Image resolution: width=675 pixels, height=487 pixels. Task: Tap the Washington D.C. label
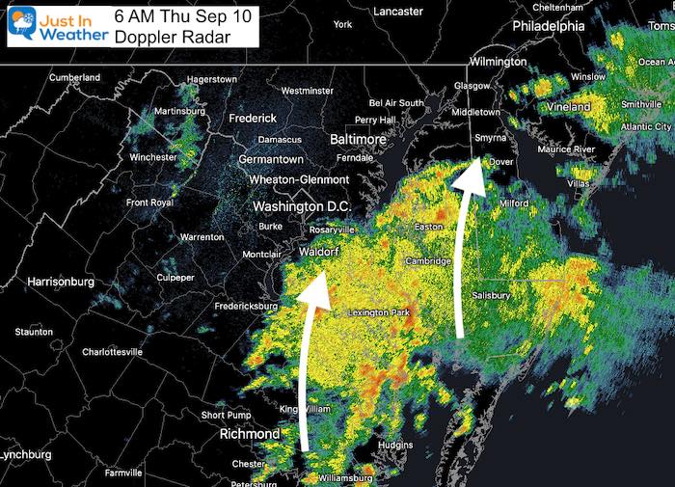click(303, 207)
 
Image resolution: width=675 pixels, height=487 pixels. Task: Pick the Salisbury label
click(491, 295)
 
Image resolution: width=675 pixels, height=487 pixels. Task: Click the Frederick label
click(253, 119)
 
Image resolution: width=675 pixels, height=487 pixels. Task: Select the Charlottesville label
click(104, 352)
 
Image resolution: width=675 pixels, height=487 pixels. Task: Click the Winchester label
click(152, 157)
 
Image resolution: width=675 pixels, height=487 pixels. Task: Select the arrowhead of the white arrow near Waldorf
click(312, 289)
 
